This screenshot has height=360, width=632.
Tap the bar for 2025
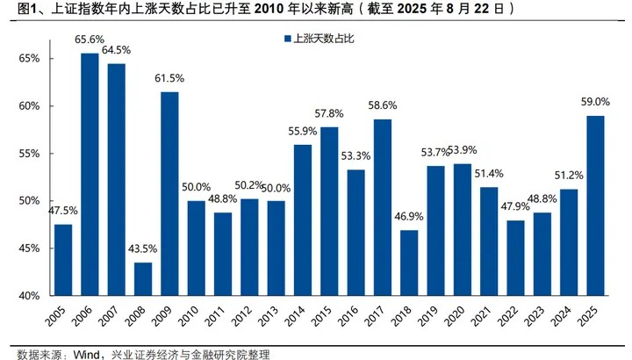pos(595,205)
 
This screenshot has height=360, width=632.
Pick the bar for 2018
pos(409,263)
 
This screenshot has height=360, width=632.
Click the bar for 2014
pos(303,220)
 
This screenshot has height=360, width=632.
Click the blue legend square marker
pos(286,39)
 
